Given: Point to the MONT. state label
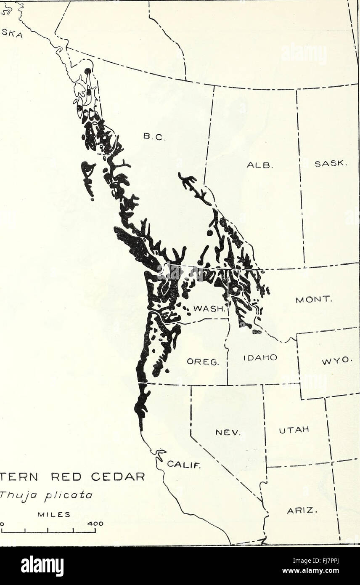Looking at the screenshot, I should point(314,300).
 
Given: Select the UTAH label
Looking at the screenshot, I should point(294,430).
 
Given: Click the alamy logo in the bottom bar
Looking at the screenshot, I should point(42,566).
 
